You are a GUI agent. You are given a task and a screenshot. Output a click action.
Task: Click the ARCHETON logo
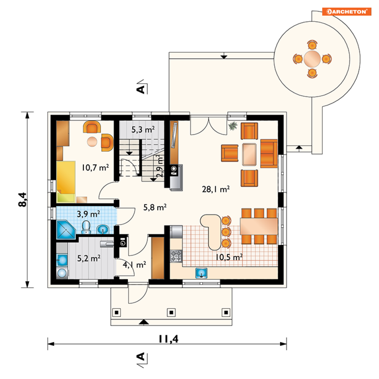347,11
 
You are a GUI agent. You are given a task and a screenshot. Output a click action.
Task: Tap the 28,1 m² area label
216,189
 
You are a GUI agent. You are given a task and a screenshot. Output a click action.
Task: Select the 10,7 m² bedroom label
95,167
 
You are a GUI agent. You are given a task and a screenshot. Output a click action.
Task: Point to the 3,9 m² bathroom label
88,214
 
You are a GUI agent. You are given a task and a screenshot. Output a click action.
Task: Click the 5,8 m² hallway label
155,207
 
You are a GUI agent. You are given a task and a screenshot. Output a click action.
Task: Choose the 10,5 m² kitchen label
229,257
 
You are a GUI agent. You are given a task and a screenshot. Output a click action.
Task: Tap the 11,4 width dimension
168,339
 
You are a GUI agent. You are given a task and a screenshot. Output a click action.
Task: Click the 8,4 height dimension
22,200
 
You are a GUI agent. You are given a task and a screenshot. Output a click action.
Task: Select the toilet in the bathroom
86,227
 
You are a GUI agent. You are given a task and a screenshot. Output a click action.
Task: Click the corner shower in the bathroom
66,229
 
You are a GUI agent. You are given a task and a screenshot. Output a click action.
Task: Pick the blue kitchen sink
201,273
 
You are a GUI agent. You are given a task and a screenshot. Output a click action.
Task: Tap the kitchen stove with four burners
176,256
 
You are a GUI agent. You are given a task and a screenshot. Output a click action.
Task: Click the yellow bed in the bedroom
66,182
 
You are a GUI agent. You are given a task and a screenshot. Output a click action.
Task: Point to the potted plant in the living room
233,126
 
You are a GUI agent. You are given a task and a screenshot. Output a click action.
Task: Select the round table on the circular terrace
312,59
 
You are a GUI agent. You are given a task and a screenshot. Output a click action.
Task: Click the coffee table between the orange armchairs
249,154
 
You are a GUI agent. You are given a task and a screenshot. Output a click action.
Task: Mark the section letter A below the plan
141,357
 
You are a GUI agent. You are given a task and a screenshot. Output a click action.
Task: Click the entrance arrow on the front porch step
144,322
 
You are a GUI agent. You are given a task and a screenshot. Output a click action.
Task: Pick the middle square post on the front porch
171,312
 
